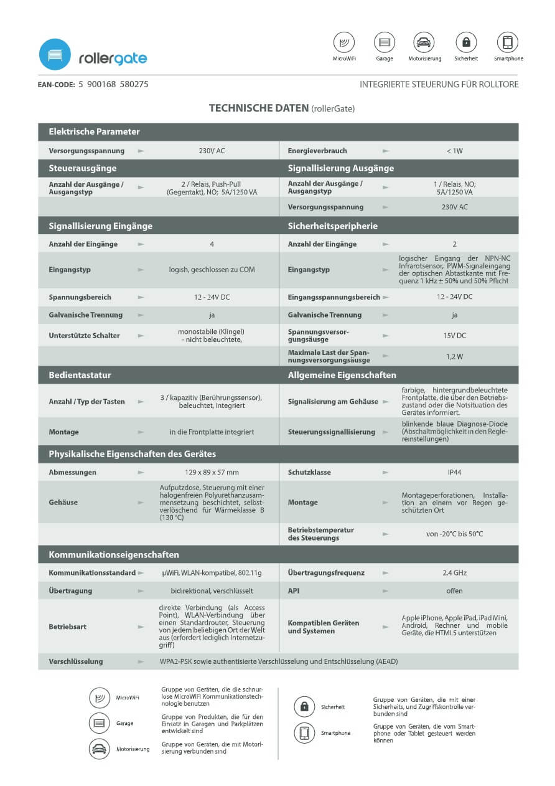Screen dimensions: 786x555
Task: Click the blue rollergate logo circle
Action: tap(55, 54)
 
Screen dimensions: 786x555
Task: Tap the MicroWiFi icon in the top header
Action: tap(344, 42)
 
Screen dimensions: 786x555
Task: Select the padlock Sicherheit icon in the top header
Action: tap(466, 42)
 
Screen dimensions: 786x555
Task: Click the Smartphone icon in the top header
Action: tap(508, 42)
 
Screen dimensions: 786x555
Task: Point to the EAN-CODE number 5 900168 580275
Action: tap(113, 84)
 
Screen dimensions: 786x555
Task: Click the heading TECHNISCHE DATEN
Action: tap(258, 108)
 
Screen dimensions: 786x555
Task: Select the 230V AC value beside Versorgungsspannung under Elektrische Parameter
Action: tap(212, 151)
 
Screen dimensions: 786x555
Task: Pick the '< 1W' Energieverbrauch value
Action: tap(454, 151)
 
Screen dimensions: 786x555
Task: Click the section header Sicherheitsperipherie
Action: tap(333, 225)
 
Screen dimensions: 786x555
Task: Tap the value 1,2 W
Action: tap(454, 356)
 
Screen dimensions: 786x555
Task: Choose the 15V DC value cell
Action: tap(454, 336)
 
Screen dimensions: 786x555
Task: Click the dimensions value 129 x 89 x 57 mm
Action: tap(212, 472)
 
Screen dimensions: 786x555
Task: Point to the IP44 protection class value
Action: tap(454, 472)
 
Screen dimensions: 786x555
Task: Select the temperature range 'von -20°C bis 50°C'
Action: tap(454, 534)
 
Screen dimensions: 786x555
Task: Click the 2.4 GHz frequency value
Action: tap(454, 572)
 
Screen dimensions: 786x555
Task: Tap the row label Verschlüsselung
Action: tap(76, 661)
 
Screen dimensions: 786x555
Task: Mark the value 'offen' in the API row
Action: tap(454, 590)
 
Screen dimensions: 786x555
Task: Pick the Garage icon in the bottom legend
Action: tap(100, 724)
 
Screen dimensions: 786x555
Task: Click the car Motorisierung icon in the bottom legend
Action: tap(100, 749)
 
